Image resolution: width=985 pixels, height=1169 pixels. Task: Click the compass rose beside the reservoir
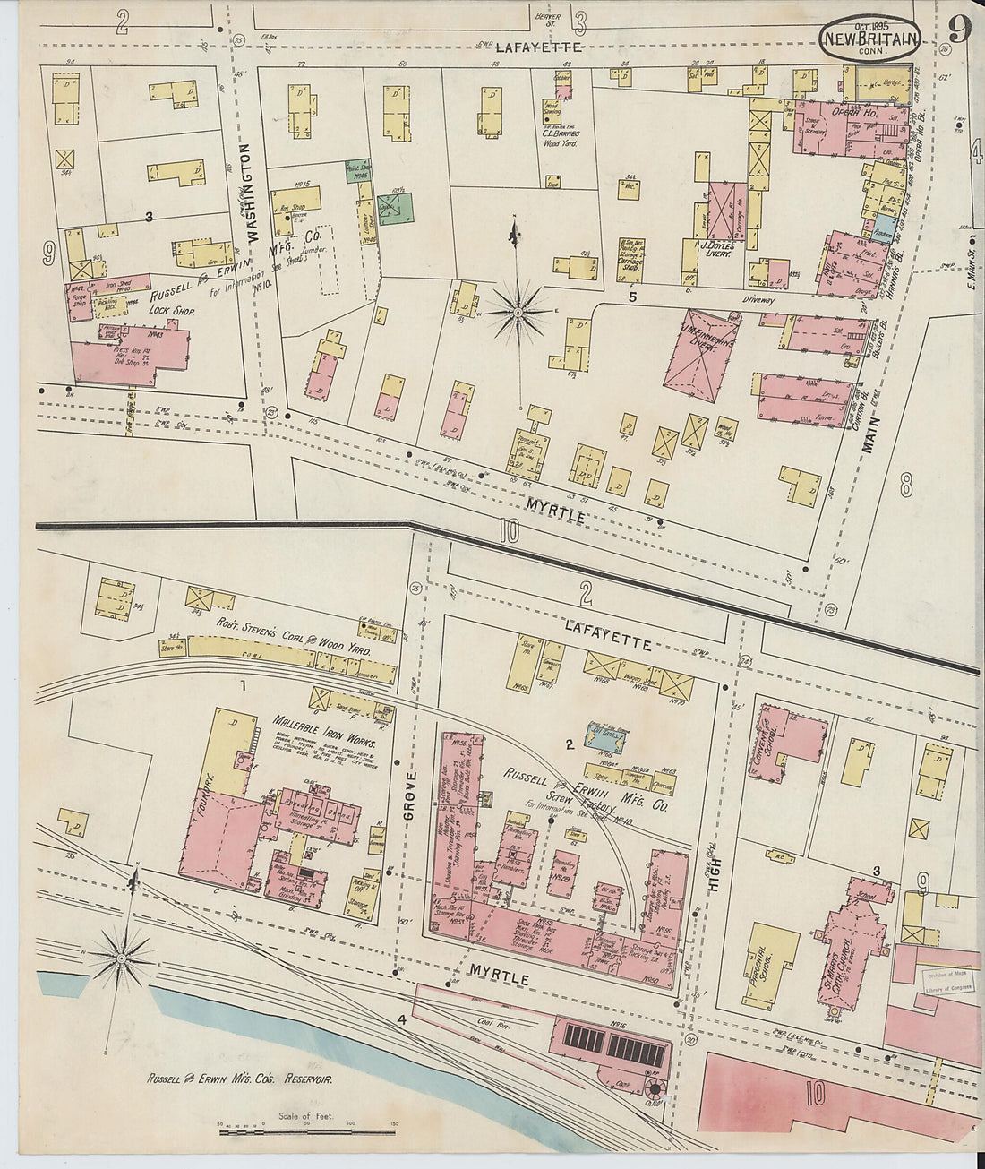[121, 958]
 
